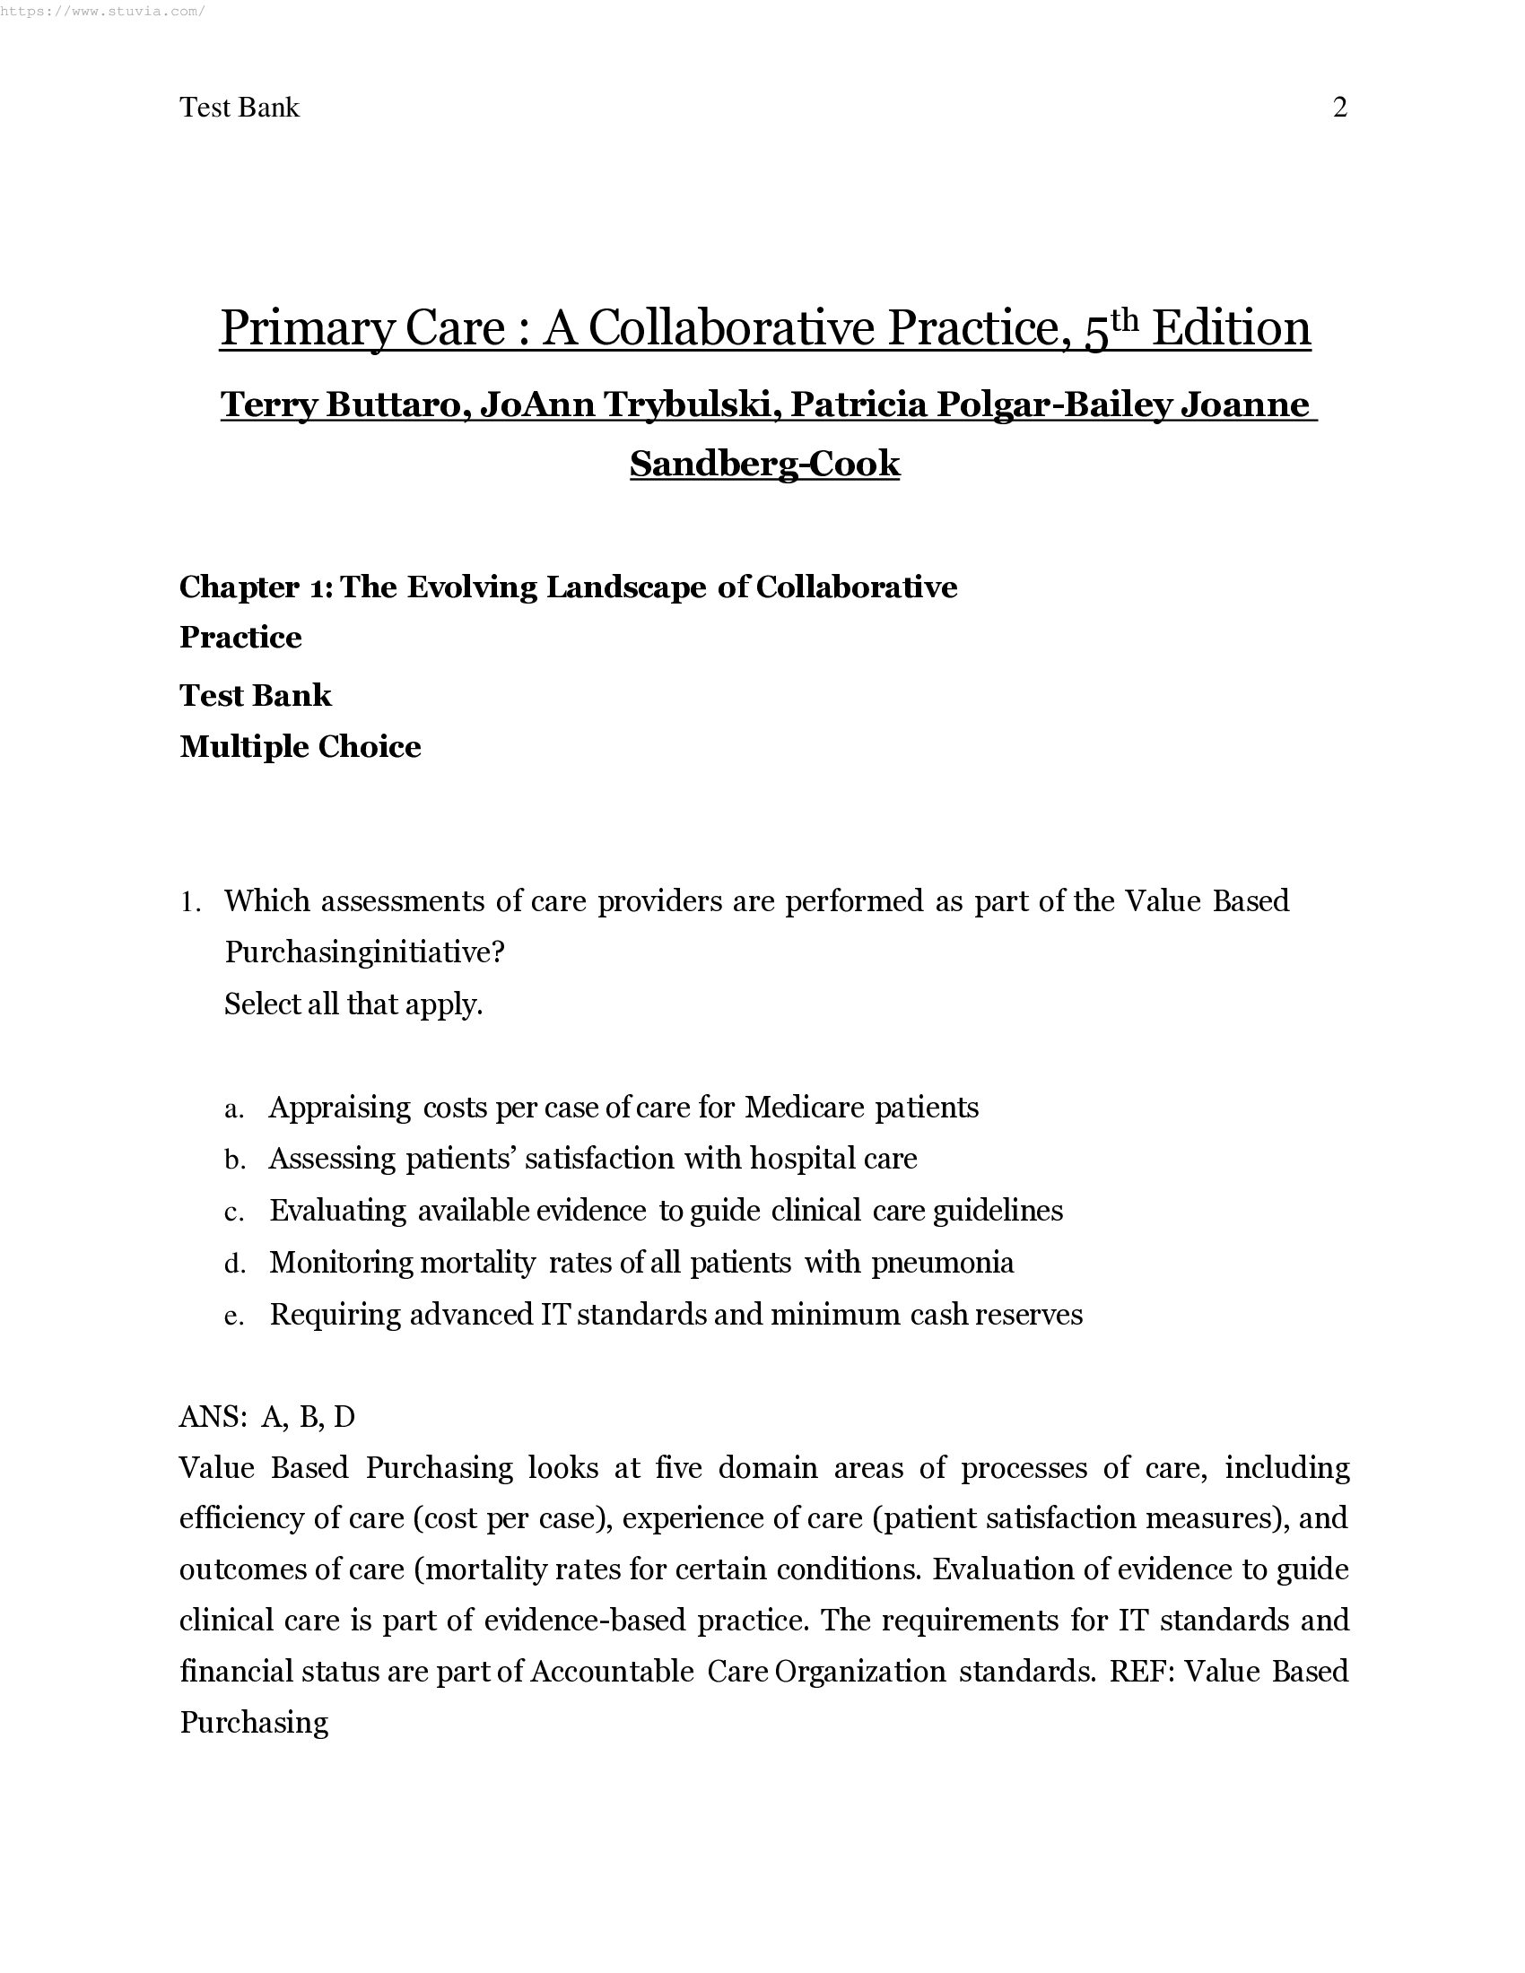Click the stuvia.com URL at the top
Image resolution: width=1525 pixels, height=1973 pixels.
[102, 11]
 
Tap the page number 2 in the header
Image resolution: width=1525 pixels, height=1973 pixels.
[1340, 108]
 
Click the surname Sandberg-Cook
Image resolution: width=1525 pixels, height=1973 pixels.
[764, 464]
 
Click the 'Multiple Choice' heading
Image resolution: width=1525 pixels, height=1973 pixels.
[300, 746]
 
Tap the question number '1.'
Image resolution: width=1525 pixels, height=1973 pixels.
[189, 902]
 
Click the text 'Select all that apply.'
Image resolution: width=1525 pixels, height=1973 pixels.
[353, 1004]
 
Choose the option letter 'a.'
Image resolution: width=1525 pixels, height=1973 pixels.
[234, 1109]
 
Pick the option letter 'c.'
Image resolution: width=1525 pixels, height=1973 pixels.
[234, 1212]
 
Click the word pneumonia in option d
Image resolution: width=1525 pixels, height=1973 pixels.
[942, 1263]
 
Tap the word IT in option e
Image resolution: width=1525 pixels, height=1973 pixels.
[554, 1315]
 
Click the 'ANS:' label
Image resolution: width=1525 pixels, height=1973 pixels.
[213, 1417]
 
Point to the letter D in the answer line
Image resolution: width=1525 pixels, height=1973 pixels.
[344, 1417]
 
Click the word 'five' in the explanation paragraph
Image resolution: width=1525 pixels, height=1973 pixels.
[678, 1468]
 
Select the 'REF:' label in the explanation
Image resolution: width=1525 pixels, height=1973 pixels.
[1141, 1673]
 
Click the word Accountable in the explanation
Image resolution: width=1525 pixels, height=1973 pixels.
[612, 1673]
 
